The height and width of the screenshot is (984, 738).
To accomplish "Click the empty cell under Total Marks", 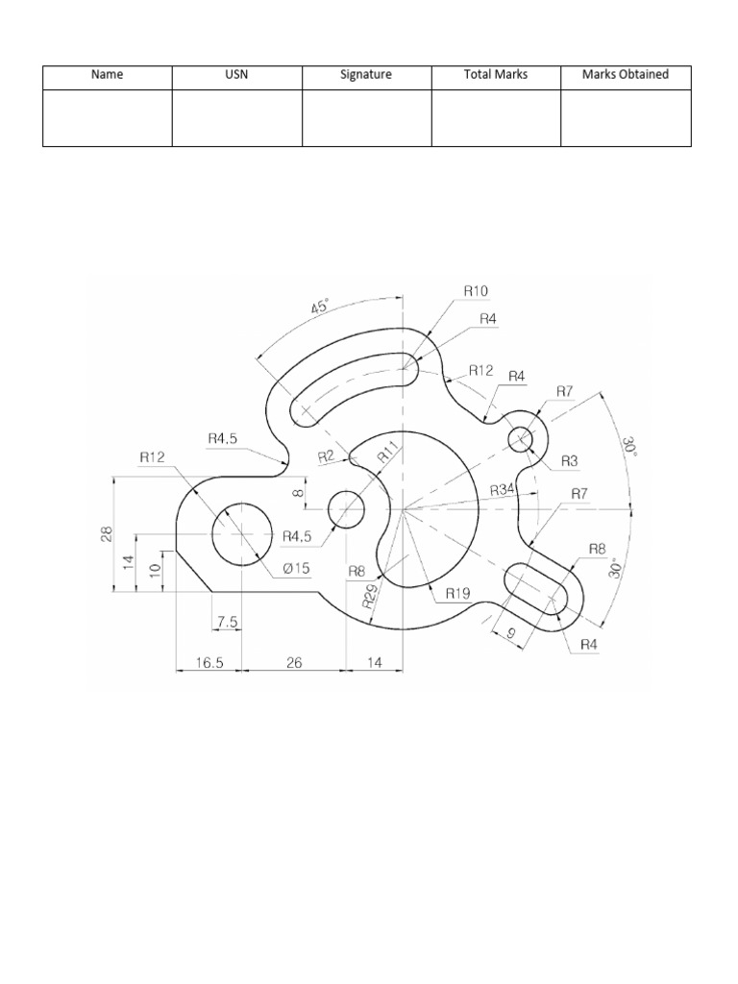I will coord(496,118).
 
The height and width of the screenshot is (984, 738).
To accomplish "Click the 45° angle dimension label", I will coord(320,308).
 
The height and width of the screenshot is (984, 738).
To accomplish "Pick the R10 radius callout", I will coord(476,289).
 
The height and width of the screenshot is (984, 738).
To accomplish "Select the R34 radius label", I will coord(502,491).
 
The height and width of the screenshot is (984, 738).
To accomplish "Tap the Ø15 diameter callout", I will coord(296,568).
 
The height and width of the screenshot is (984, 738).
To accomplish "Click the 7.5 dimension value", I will coord(227,623).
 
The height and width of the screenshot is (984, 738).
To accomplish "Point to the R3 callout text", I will coord(569,461).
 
